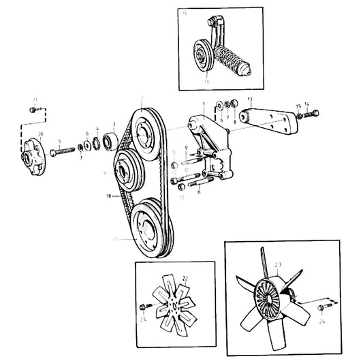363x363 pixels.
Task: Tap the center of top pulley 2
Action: pyautogui.click(x=145, y=133)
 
